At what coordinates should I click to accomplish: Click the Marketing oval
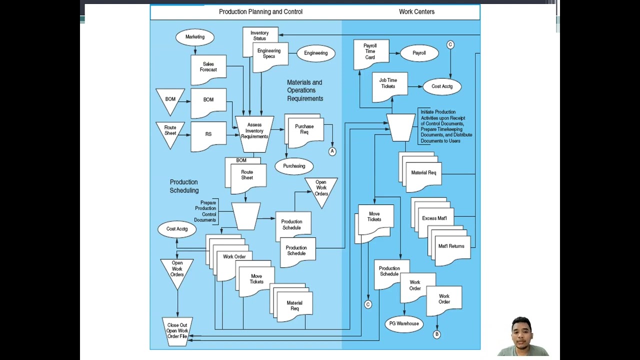click(195, 37)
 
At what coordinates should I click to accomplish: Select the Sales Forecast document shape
click(208, 67)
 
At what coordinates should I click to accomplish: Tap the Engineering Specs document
click(269, 54)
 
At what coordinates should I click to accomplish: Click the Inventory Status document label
click(259, 35)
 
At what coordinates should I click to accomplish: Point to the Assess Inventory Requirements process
click(254, 131)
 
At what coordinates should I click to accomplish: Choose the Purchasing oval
click(294, 166)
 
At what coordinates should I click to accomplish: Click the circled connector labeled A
click(332, 151)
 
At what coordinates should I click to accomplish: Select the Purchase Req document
click(304, 130)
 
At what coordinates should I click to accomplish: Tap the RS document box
click(208, 134)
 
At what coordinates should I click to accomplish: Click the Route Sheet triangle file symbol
click(170, 131)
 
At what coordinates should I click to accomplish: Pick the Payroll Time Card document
click(370, 52)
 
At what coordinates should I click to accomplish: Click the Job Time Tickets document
click(388, 84)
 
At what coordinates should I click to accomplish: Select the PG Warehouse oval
click(404, 323)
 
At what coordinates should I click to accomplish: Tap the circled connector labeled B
click(436, 334)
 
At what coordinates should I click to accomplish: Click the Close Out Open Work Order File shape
click(177, 331)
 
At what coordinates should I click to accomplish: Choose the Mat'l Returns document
click(451, 247)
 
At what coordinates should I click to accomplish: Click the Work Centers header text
click(416, 11)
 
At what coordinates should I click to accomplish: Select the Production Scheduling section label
click(184, 186)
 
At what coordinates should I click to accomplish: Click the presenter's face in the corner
click(521, 332)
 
